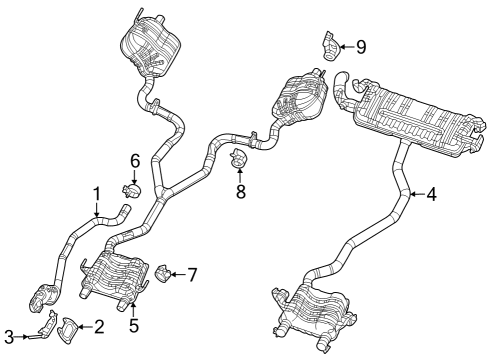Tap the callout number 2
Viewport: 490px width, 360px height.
pyautogui.click(x=98, y=326)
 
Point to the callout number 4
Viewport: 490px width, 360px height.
pyautogui.click(x=430, y=195)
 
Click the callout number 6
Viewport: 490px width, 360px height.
pyautogui.click(x=134, y=159)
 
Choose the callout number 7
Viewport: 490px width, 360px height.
pyautogui.click(x=192, y=272)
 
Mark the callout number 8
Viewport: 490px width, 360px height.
pyautogui.click(x=240, y=189)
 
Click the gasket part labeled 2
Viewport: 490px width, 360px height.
pyautogui.click(x=70, y=326)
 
